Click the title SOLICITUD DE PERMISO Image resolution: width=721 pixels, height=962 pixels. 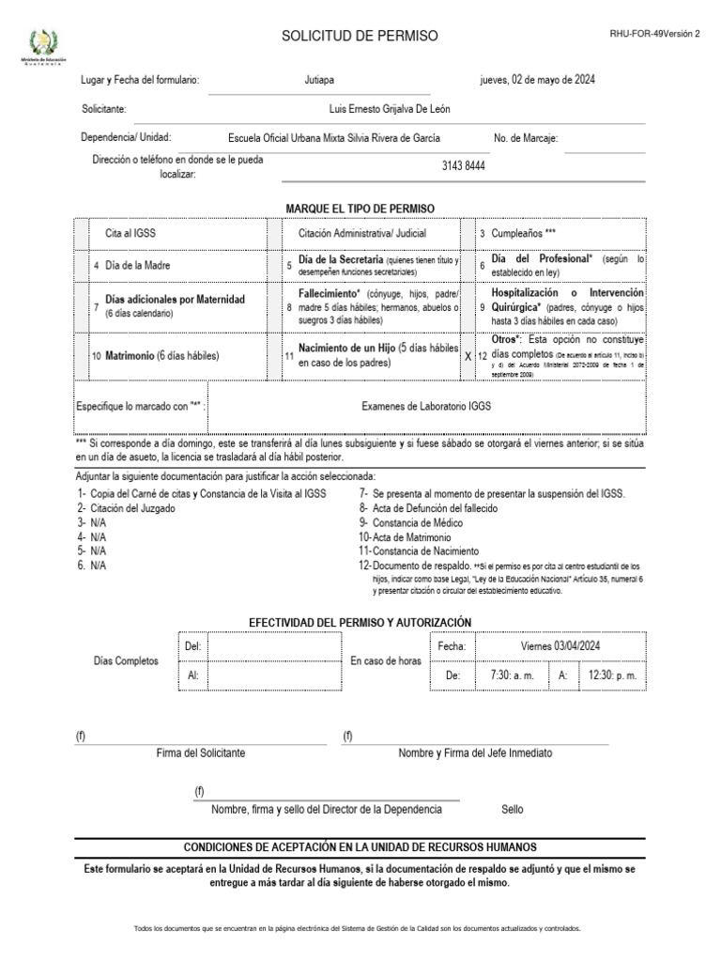pos(360,36)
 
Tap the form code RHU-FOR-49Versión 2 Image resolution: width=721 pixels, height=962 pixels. pos(654,33)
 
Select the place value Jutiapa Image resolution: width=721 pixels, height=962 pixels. pos(319,81)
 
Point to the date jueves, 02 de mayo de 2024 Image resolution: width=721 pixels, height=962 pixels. pos(536,81)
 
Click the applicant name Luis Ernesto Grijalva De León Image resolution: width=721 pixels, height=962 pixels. pos(389,109)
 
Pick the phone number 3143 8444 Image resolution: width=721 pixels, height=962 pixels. pos(463,166)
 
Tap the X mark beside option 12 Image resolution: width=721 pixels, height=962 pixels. pos(468,357)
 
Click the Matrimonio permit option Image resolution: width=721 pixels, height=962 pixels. pos(161,356)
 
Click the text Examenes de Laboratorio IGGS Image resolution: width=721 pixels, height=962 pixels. pos(426,406)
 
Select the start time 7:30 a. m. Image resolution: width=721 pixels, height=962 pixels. pos(512,675)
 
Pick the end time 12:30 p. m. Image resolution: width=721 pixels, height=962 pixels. pos(612,675)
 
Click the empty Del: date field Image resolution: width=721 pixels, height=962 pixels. pos(272,646)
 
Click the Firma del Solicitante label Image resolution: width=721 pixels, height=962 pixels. pos(201,753)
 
